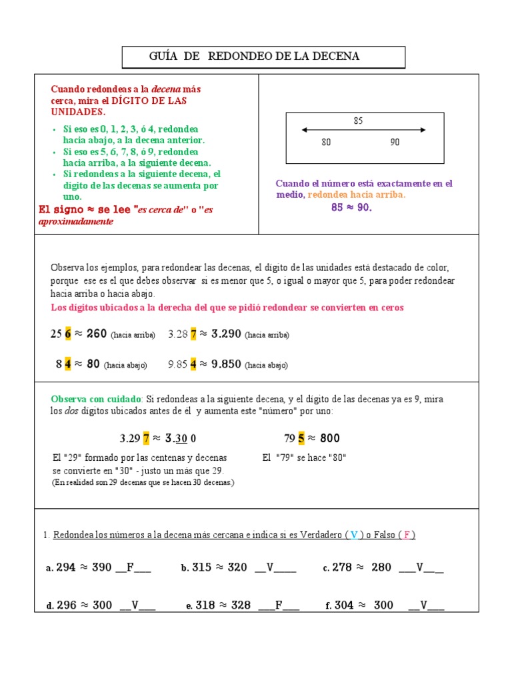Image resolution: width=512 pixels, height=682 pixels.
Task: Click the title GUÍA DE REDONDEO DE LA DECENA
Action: coord(254,57)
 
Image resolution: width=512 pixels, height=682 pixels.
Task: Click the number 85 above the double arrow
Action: coord(359,121)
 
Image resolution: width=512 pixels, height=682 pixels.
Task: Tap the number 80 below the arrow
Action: coord(326,142)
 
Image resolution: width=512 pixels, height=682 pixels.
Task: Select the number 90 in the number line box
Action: coord(395,142)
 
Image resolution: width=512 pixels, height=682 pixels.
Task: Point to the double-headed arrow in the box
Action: coord(363,130)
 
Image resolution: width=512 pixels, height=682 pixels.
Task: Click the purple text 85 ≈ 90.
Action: coord(351,207)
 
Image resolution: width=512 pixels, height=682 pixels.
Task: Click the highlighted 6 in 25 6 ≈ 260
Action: coord(67,334)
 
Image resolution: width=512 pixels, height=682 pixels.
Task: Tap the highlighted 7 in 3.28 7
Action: coord(193,334)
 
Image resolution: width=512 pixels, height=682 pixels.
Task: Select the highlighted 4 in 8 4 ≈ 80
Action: coord(67,364)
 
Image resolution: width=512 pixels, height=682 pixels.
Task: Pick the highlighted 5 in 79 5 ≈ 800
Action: coord(301,438)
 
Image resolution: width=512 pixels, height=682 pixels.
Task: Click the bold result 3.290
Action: coord(226,334)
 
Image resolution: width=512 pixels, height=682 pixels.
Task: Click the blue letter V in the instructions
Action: coord(354,535)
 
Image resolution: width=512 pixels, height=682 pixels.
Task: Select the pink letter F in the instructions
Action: coord(407,535)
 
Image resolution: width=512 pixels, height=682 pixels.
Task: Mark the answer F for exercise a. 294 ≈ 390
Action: coord(131,567)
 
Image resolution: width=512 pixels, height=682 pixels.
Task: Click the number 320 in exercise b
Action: coord(237,567)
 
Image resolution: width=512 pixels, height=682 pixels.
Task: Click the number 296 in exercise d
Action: coord(67,605)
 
